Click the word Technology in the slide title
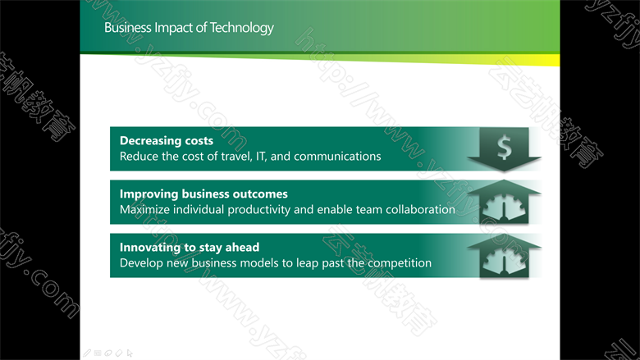coord(241,28)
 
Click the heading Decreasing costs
coord(167,141)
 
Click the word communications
coord(337,156)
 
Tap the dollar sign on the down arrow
coord(505,147)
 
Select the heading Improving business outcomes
coord(203,194)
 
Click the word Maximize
coord(145,210)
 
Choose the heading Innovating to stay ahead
coord(190,248)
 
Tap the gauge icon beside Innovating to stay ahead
coord(504,261)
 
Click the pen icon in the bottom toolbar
coord(87,353)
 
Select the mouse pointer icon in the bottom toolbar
coord(130,353)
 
